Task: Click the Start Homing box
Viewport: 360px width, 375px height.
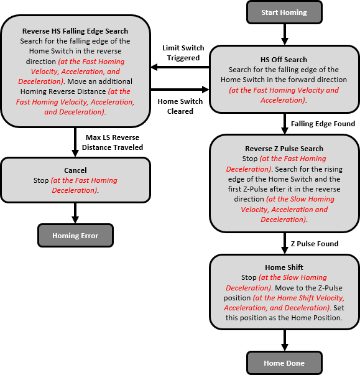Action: point(284,11)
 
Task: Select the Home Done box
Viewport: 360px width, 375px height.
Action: point(284,363)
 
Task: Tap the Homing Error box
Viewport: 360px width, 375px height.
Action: point(75,236)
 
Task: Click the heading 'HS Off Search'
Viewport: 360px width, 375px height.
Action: point(284,60)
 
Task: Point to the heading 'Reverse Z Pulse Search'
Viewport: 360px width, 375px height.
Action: point(284,149)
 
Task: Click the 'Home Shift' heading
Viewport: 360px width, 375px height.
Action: point(284,268)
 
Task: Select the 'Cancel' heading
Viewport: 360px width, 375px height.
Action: point(75,170)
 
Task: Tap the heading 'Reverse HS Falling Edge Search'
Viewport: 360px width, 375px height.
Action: point(75,31)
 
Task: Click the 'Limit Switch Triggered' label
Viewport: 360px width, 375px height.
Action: point(181,52)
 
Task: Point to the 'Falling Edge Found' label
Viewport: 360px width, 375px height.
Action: point(323,124)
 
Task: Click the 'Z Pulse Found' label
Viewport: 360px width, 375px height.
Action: point(315,243)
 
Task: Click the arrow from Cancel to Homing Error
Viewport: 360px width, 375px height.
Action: point(75,213)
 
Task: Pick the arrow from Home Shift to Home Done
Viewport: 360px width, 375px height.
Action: point(284,341)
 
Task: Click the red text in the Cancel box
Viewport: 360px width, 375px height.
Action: point(83,185)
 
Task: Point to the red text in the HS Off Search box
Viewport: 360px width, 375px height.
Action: point(284,95)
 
